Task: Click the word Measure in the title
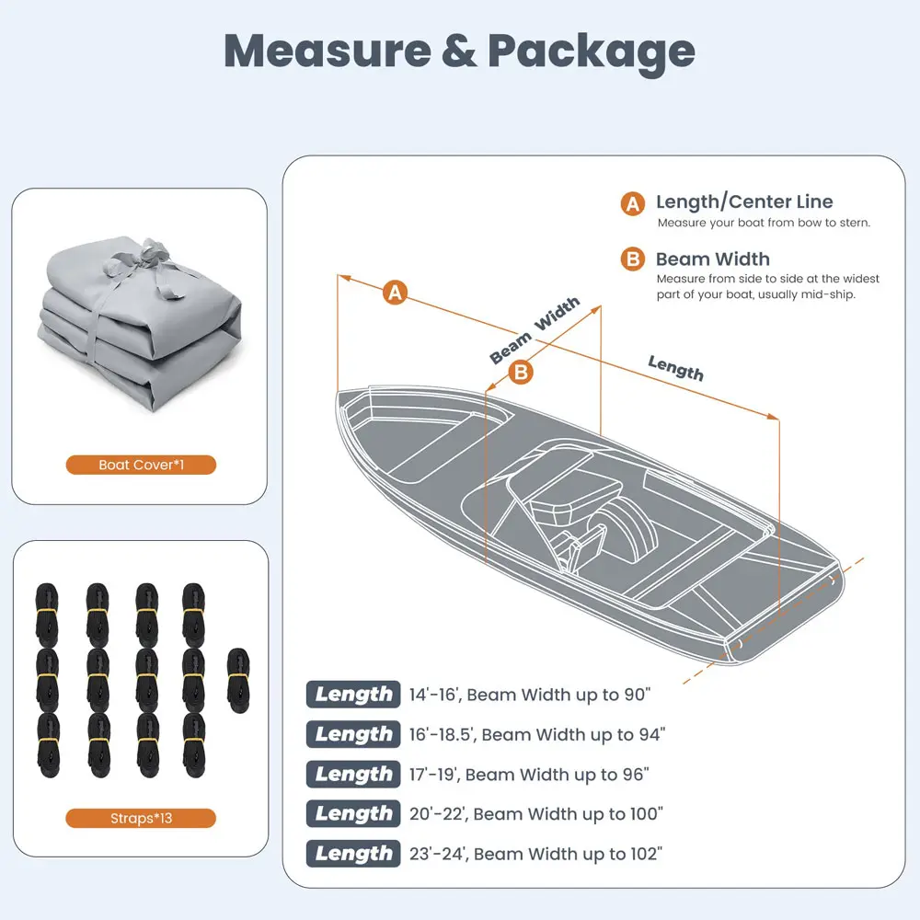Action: coord(328,51)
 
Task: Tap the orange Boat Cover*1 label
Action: coord(141,465)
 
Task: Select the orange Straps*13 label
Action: coord(141,818)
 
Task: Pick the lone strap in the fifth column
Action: coord(238,681)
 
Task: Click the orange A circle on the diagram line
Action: coord(396,293)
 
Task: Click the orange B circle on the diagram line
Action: coord(521,372)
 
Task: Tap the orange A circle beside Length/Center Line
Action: coord(633,203)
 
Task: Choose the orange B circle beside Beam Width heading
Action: coord(633,259)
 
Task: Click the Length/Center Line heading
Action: coord(744,201)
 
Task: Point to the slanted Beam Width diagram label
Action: coord(535,329)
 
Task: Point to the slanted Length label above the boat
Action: coord(675,368)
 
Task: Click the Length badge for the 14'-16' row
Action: coord(353,694)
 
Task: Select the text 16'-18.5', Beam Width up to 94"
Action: coord(537,734)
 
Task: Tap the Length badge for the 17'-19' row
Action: coord(353,774)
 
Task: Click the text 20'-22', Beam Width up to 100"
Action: coord(535,814)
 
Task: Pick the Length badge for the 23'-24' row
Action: coord(353,854)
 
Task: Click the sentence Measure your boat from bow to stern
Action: coord(764,223)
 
